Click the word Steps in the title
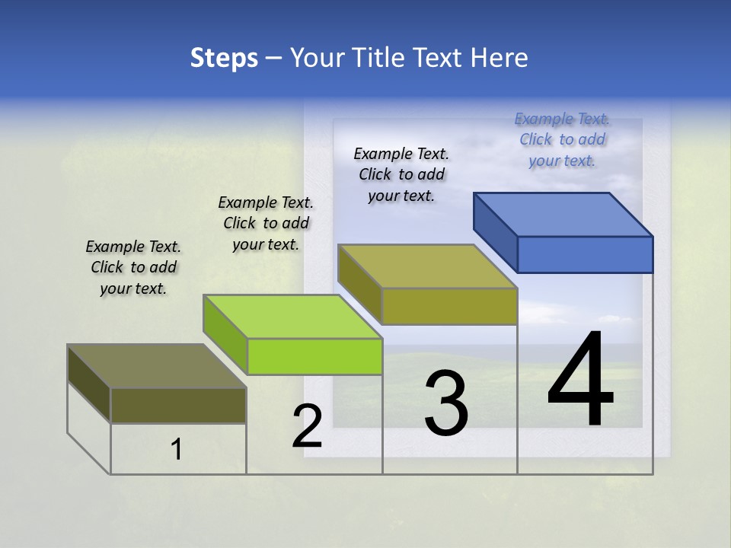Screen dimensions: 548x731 coord(224,58)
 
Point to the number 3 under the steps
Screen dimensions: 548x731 coord(446,403)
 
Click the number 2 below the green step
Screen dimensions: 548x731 coord(307,426)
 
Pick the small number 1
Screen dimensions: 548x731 coord(177,450)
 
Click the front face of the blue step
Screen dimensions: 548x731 coord(585,254)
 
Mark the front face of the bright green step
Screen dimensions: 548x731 coord(314,356)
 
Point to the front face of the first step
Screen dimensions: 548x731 coord(178,405)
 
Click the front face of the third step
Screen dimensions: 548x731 coord(449,306)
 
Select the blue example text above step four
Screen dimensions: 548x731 coord(562,139)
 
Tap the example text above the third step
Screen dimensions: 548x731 coord(401,174)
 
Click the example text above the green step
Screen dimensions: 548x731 coord(266,223)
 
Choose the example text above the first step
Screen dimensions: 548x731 coord(133,267)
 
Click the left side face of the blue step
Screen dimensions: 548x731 coord(496,231)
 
